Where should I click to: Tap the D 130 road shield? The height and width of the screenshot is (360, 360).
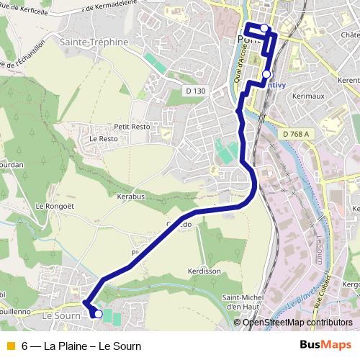tap(194, 91)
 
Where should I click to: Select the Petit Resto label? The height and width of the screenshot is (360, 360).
tap(132, 127)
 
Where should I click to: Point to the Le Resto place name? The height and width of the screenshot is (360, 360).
tap(103, 138)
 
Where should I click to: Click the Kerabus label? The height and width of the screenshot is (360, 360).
tap(131, 196)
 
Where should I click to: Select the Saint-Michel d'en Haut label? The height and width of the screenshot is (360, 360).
tap(241, 303)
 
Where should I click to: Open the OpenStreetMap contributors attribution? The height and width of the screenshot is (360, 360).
tap(297, 323)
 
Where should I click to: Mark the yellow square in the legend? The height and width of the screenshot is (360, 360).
tap(10, 346)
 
